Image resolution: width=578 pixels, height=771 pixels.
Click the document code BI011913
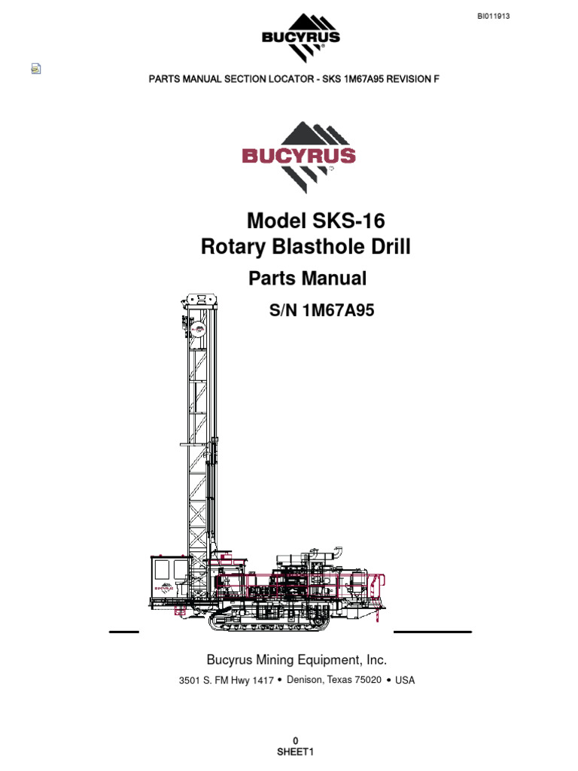pyautogui.click(x=493, y=17)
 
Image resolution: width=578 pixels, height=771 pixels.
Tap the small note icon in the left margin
pyautogui.click(x=36, y=69)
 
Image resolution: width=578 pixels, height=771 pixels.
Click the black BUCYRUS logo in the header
pyautogui.click(x=301, y=38)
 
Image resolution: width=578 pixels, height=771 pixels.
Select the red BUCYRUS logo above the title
pyautogui.click(x=298, y=157)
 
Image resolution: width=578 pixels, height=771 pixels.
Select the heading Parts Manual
pyautogui.click(x=307, y=279)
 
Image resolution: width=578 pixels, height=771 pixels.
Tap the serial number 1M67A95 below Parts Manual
pyautogui.click(x=338, y=310)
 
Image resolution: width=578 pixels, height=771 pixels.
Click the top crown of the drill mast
pyautogui.click(x=202, y=300)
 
